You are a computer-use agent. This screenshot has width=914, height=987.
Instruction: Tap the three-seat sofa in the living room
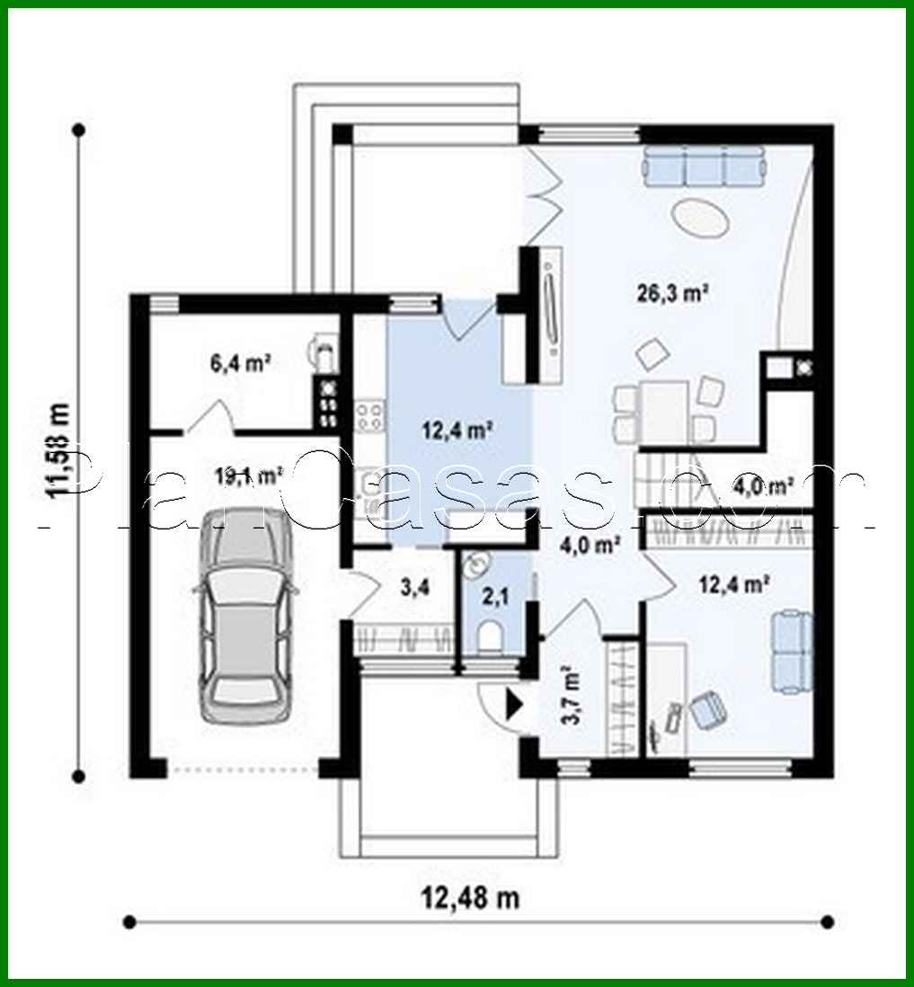pos(704,165)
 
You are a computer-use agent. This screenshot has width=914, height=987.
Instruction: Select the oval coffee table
pos(700,218)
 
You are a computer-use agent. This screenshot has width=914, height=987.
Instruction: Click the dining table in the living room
pos(664,409)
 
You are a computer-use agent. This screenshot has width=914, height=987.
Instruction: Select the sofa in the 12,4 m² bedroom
pos(793,652)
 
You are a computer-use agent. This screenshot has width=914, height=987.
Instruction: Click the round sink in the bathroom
pos(477,564)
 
